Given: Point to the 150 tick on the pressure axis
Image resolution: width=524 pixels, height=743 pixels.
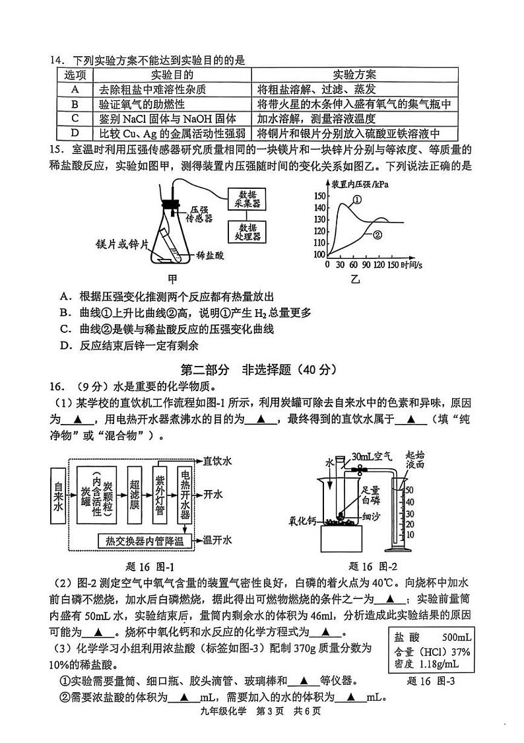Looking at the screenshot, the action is (x=321, y=195).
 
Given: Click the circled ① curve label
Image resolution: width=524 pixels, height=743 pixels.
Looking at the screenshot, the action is (x=357, y=199).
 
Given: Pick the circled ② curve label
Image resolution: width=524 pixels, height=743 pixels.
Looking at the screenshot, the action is (x=377, y=234).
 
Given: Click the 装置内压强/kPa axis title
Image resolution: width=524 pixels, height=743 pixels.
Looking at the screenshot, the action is (x=360, y=183).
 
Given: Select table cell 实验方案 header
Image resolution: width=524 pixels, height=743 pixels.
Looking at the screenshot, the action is (x=355, y=74).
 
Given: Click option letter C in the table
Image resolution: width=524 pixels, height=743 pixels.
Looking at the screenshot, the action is (x=75, y=119).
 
